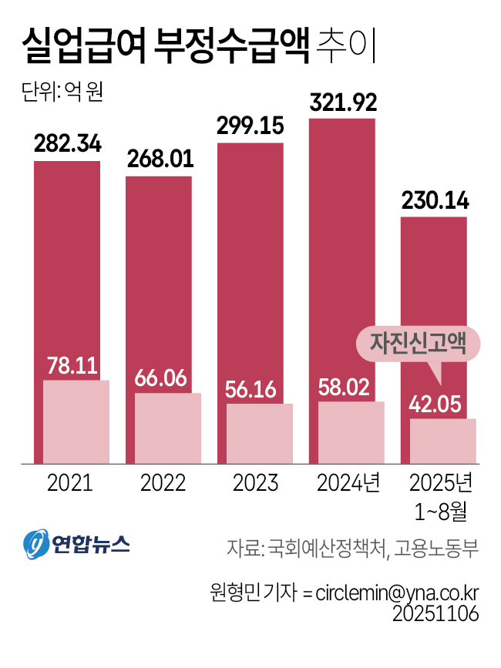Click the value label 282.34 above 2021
67,144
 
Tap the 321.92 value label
342,103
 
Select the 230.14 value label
433,201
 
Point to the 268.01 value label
159,160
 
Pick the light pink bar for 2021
76,421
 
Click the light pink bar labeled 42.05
442,441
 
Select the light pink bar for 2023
259,433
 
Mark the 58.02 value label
351,386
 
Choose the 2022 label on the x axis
163,483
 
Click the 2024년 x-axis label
350,483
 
